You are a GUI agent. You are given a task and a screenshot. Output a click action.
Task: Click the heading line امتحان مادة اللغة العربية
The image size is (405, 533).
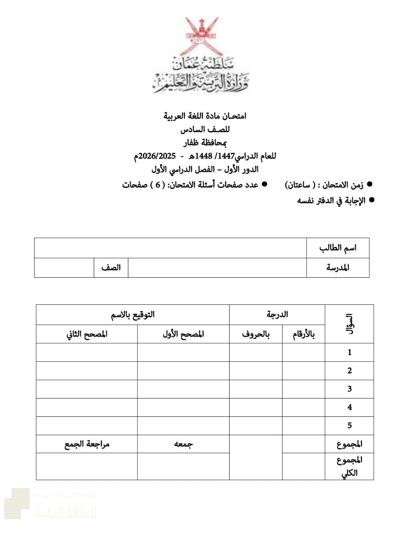click(205, 116)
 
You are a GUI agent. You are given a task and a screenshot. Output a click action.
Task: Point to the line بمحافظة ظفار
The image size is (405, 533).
click(205, 143)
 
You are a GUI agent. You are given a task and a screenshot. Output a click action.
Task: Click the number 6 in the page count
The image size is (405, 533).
click(158, 184)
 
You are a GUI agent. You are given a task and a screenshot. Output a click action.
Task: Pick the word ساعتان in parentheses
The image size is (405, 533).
click(300, 184)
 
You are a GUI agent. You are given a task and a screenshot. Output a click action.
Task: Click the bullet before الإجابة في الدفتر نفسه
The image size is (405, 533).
click(372, 200)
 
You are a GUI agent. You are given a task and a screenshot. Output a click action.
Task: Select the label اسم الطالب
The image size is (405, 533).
click(338, 248)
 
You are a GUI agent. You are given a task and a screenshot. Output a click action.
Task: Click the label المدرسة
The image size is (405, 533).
click(337, 267)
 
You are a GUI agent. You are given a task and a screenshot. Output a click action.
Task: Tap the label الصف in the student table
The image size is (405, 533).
click(111, 267)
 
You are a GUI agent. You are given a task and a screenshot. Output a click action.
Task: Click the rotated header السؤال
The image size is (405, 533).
click(350, 324)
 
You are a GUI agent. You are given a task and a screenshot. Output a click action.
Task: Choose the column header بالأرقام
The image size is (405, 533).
click(303, 334)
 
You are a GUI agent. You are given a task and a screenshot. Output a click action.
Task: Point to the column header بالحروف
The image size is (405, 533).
click(256, 334)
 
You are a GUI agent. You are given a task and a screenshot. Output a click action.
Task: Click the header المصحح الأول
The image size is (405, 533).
click(183, 334)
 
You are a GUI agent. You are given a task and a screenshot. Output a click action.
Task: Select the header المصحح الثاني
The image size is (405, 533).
click(87, 334)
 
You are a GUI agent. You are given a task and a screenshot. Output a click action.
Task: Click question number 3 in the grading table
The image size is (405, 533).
click(350, 389)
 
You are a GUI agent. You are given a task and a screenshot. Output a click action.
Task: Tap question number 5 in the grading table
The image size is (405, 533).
click(350, 426)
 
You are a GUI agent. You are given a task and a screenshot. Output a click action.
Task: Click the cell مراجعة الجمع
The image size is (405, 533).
click(87, 444)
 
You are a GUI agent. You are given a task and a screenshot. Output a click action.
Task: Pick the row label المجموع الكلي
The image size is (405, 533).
click(350, 466)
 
